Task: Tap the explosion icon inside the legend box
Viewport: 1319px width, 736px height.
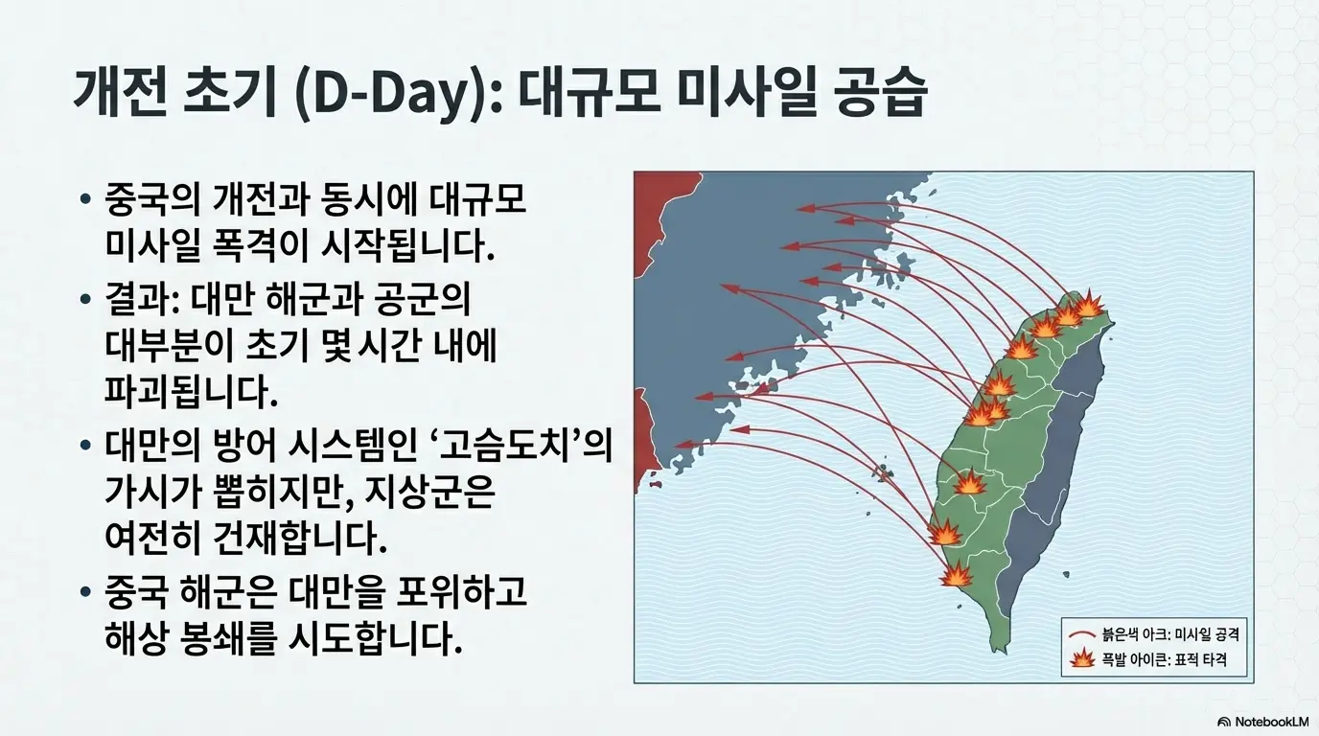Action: pos(1083,659)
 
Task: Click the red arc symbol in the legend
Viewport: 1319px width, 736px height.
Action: pos(1083,634)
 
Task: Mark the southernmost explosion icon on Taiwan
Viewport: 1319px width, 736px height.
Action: pos(957,575)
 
